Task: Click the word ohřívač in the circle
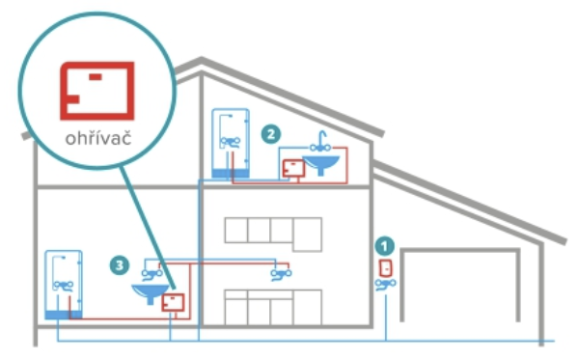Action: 98,138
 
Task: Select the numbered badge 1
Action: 384,246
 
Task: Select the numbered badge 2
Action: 271,134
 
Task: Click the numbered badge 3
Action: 119,265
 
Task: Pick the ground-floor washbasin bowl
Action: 151,292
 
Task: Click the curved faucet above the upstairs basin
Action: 320,143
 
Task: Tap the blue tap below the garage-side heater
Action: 386,285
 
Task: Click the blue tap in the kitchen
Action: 281,274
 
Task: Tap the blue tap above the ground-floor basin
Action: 151,274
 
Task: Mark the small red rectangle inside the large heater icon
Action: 96,76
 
